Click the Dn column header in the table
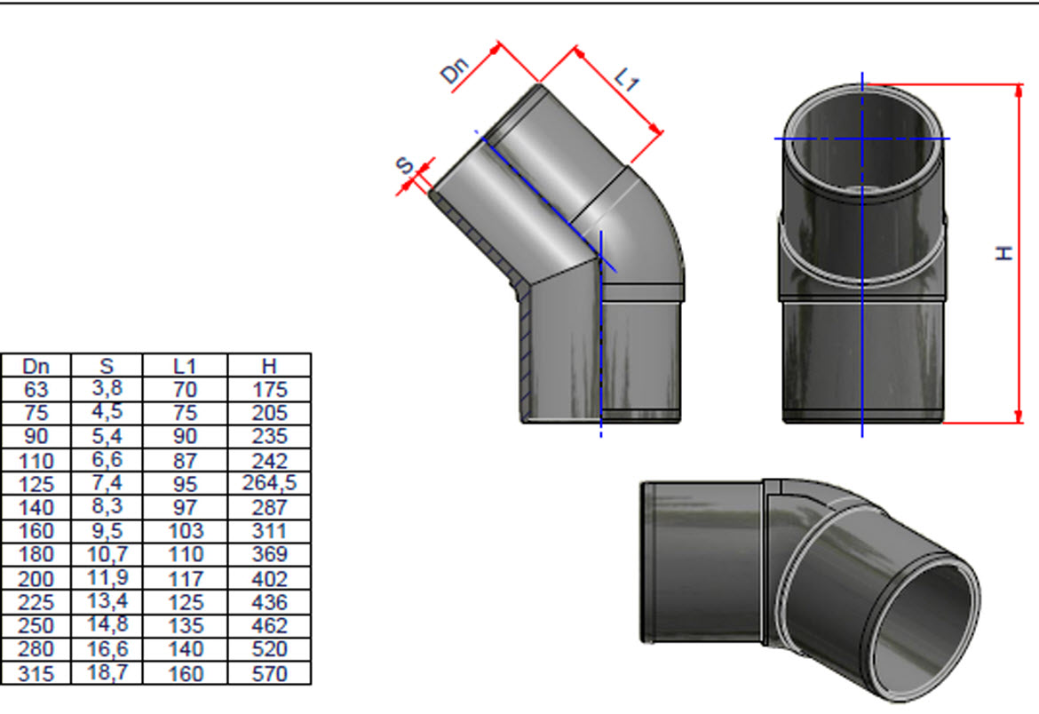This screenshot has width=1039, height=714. (x=36, y=366)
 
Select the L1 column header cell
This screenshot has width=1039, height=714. (x=185, y=366)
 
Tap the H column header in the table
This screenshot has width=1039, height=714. (x=268, y=366)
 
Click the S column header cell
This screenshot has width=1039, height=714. (x=107, y=366)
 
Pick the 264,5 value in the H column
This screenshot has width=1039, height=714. (x=269, y=482)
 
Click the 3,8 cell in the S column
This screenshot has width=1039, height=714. (x=107, y=388)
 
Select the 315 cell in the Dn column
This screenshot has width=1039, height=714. (x=36, y=673)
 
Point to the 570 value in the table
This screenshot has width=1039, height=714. (x=269, y=673)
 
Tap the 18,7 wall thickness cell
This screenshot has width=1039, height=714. (x=107, y=672)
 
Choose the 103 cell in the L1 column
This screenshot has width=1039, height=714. (x=186, y=531)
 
